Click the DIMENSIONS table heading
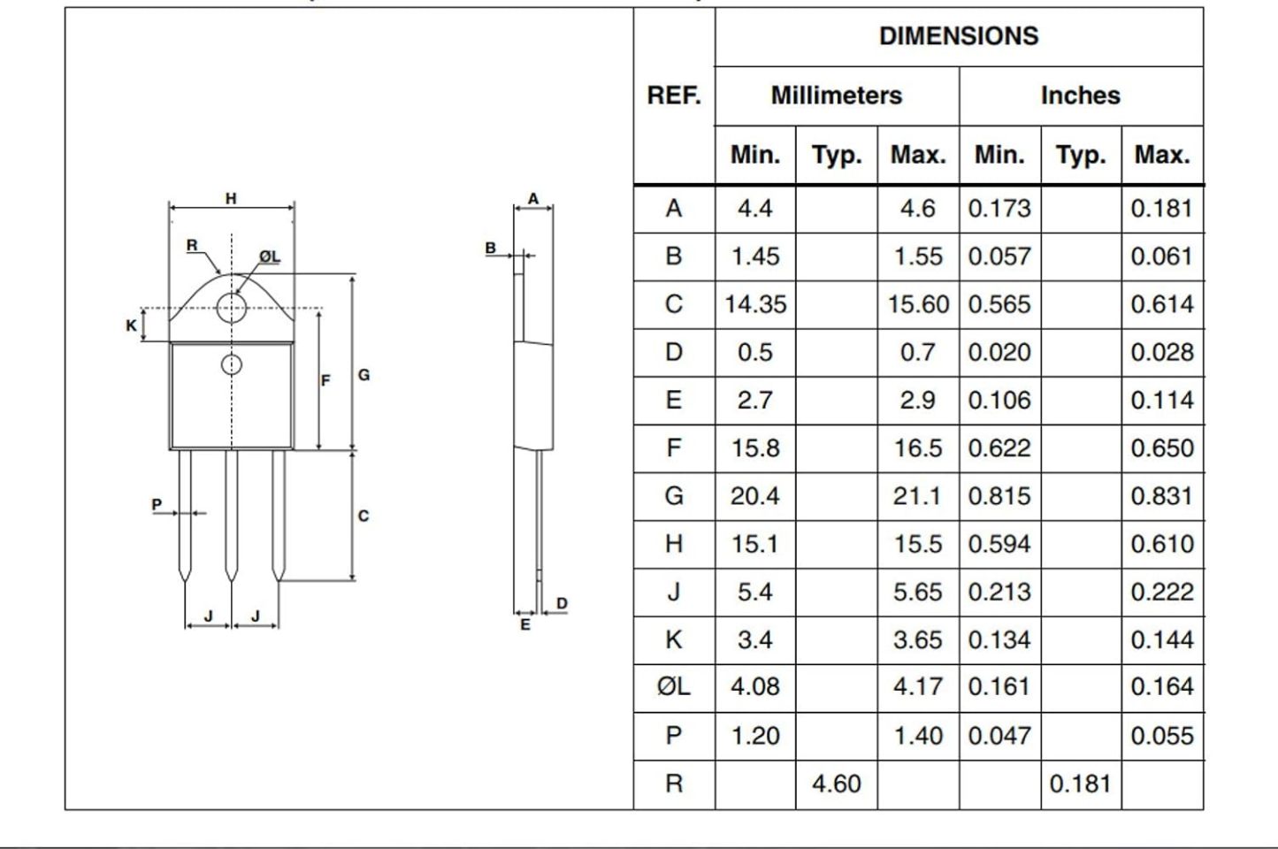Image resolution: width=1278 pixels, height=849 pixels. click(959, 36)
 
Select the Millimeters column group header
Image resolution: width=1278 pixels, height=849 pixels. click(837, 96)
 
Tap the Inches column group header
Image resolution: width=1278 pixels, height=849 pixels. click(1081, 96)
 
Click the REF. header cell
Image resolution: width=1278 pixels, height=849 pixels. click(674, 96)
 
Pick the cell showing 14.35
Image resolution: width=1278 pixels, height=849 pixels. click(755, 304)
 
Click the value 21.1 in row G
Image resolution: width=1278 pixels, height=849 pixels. click(917, 496)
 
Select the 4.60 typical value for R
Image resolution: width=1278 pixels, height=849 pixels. click(837, 784)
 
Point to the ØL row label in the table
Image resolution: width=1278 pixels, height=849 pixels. click(674, 686)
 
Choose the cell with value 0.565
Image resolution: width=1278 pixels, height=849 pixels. click(999, 304)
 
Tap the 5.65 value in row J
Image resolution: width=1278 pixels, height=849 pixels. click(917, 592)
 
